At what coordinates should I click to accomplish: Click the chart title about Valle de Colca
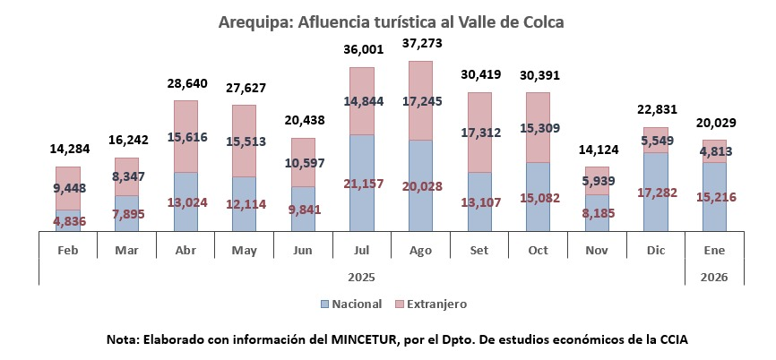click(x=391, y=22)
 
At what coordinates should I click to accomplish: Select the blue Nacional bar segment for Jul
click(x=362, y=183)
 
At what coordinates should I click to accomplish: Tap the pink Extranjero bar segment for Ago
click(x=420, y=100)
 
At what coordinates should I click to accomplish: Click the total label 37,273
click(x=422, y=44)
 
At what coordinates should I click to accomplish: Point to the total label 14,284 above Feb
click(x=70, y=149)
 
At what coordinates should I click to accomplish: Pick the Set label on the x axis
click(x=479, y=250)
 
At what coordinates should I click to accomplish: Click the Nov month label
click(x=597, y=250)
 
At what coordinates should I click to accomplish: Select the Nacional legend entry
click(x=351, y=304)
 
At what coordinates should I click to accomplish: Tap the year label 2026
click(x=714, y=278)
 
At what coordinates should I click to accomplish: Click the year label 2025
click(x=361, y=278)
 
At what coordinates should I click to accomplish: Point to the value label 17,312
click(x=480, y=133)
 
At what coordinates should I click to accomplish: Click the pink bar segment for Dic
click(x=656, y=140)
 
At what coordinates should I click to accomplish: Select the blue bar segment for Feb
click(x=68, y=220)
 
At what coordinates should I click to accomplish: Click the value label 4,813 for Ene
click(x=714, y=151)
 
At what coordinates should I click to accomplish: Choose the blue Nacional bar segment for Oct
click(x=538, y=197)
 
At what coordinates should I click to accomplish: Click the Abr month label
click(x=185, y=250)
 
